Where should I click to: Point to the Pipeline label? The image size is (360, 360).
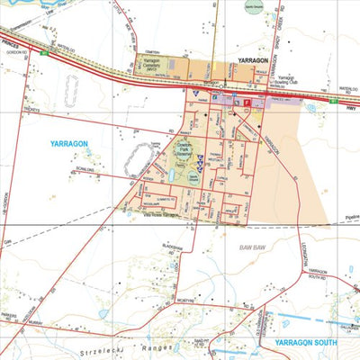tap(346, 217)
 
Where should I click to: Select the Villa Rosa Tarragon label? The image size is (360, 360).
tap(155, 214)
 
